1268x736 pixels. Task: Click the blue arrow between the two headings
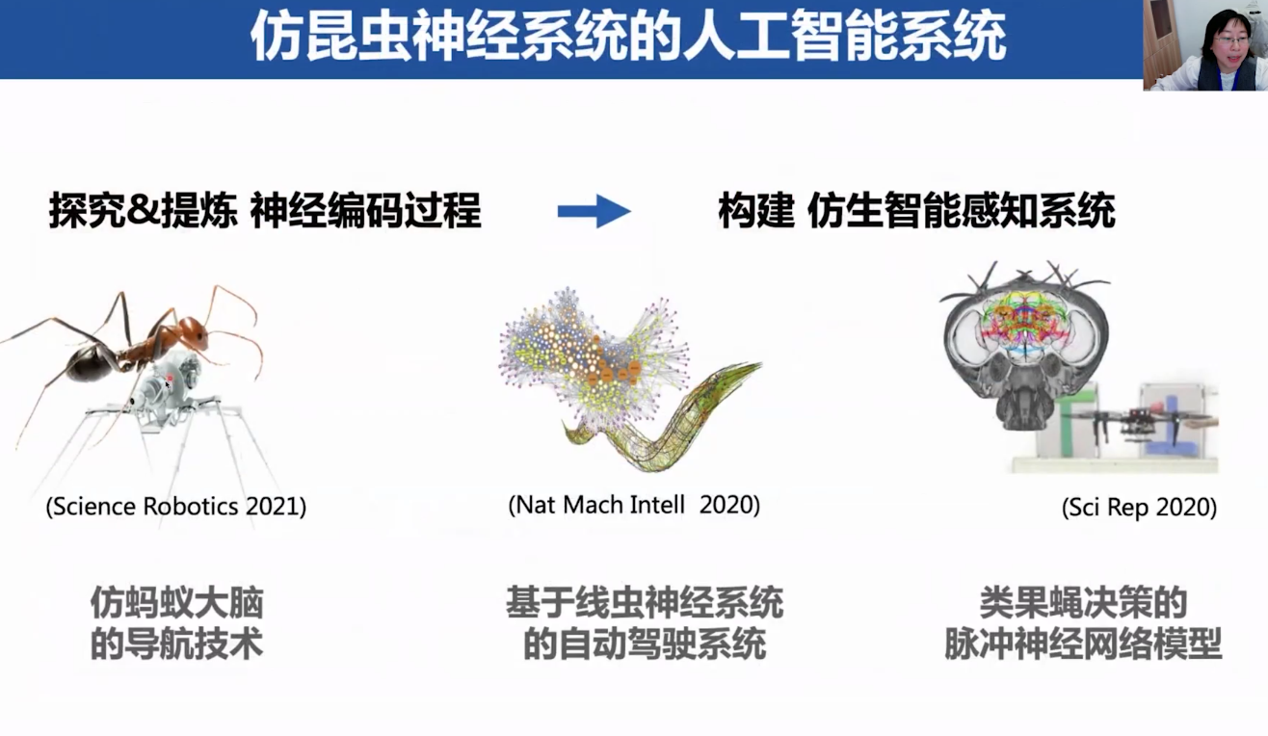coord(594,211)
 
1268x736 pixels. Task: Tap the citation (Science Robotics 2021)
coord(176,506)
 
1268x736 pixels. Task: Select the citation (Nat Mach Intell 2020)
coord(634,505)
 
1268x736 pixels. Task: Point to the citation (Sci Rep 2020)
coord(1139,508)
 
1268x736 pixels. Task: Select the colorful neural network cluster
coord(594,356)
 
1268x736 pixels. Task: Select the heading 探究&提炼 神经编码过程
coord(265,211)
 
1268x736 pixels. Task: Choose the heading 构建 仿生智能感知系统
coord(917,211)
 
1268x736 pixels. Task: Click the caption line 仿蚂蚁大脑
coord(177,603)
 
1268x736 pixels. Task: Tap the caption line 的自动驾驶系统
coord(645,644)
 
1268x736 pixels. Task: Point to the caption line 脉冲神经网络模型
coord(1083,644)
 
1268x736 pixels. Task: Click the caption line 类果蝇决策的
coord(1083,603)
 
